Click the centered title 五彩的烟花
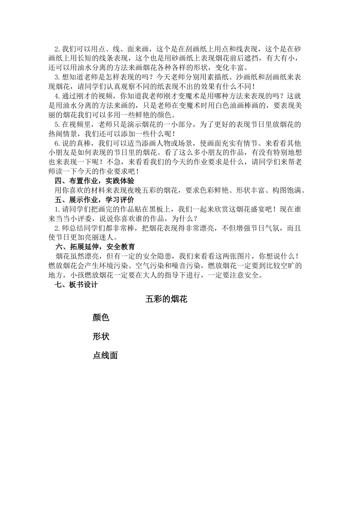pyautogui.click(x=166, y=299)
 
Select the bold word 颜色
pyautogui.click(x=101, y=317)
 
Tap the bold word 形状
pyautogui.click(x=101, y=336)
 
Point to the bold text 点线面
pyautogui.click(x=105, y=355)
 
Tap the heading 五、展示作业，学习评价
pyautogui.click(x=94, y=200)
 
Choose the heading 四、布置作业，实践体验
pyautogui.click(x=94, y=181)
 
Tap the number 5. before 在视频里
pyautogui.click(x=58, y=124)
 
